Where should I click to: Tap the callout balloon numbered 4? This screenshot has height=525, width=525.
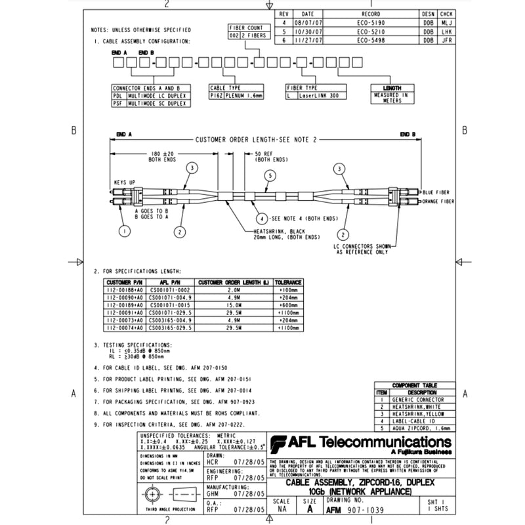tap(261, 218)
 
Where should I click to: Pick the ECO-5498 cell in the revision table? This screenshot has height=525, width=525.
tap(371, 40)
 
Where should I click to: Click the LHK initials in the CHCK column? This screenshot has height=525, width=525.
tap(446, 31)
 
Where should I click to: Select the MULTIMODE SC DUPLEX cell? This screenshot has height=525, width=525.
tap(157, 103)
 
